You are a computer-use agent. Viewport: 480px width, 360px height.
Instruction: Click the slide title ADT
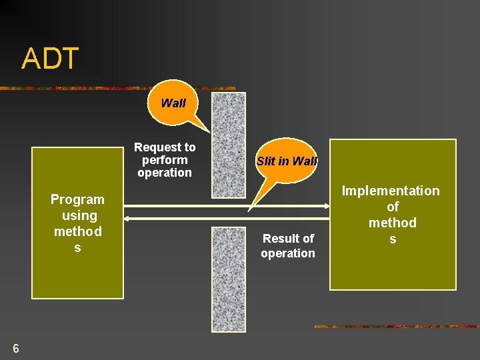pos(50,59)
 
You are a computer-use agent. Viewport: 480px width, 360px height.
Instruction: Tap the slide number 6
pos(15,348)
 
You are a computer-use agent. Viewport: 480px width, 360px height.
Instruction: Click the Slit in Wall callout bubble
pos(287,161)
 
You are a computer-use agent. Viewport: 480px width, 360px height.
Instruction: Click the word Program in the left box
pos(77,199)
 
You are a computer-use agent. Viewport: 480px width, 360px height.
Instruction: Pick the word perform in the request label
pos(165,160)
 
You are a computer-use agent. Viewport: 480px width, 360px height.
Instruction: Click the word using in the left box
pos(79,215)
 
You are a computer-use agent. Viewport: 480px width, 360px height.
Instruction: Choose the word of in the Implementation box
pos(393,207)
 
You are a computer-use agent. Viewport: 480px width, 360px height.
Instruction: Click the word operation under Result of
pos(288,253)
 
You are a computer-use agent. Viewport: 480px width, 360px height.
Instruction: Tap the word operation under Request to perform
pos(165,173)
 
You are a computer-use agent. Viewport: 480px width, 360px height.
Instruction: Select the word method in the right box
pos(393,223)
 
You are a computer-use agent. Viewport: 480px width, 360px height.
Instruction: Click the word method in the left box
pos(78,231)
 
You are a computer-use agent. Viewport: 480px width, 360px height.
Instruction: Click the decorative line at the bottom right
pos(396,327)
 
